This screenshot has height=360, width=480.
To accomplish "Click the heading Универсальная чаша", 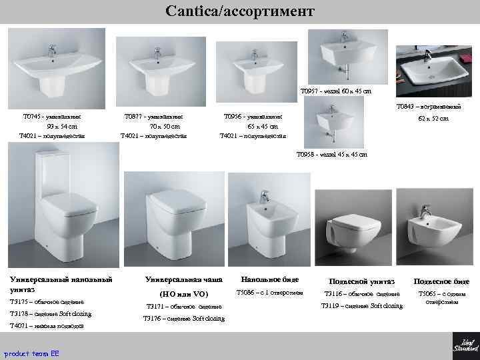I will (x=175, y=279).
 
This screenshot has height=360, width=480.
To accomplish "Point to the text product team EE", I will (x=31, y=353).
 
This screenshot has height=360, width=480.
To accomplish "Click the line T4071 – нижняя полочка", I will (x=46, y=326).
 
